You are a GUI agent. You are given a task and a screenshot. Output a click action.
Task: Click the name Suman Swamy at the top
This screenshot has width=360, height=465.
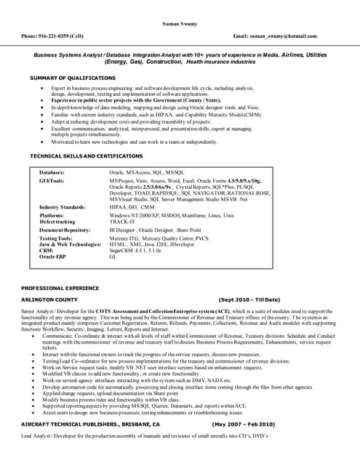click(x=180, y=24)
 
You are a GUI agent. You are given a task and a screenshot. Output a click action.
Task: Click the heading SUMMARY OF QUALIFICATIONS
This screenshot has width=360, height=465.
click(x=72, y=77)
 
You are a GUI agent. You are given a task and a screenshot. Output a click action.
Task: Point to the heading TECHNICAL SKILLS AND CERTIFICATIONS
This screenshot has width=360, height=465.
click(x=86, y=156)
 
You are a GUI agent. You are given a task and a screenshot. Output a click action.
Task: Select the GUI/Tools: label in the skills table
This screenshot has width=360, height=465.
click(x=52, y=180)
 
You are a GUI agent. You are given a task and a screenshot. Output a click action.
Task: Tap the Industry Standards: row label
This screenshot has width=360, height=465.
click(x=63, y=207)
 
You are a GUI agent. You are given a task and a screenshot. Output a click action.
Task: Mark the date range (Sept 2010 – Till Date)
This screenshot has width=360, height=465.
click(x=249, y=299)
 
